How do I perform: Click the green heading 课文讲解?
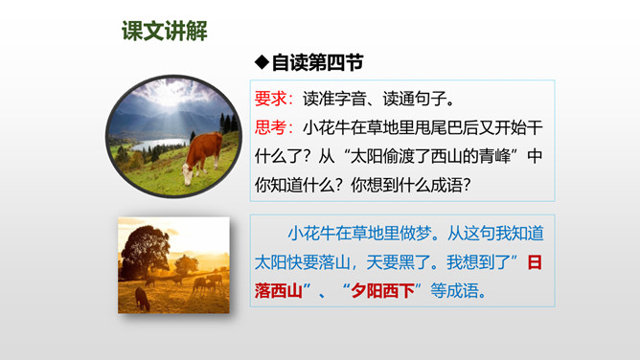[x=165, y=31]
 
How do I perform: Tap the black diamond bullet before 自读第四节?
[x=263, y=62]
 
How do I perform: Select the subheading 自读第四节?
[x=317, y=63]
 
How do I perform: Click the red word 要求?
[x=270, y=99]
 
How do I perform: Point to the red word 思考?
[x=270, y=127]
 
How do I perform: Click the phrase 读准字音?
[x=334, y=99]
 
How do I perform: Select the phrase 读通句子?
[x=414, y=99]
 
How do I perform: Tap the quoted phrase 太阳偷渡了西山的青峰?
[x=430, y=157]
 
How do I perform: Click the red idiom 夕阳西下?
[x=382, y=291]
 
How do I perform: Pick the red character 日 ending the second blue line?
[x=535, y=262]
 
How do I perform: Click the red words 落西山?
[x=279, y=291]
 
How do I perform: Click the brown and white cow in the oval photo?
[x=202, y=158]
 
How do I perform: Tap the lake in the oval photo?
[x=160, y=145]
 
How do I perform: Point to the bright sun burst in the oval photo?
[x=171, y=93]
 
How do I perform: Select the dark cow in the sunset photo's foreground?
[x=142, y=299]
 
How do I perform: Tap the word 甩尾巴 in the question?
[x=439, y=127]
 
